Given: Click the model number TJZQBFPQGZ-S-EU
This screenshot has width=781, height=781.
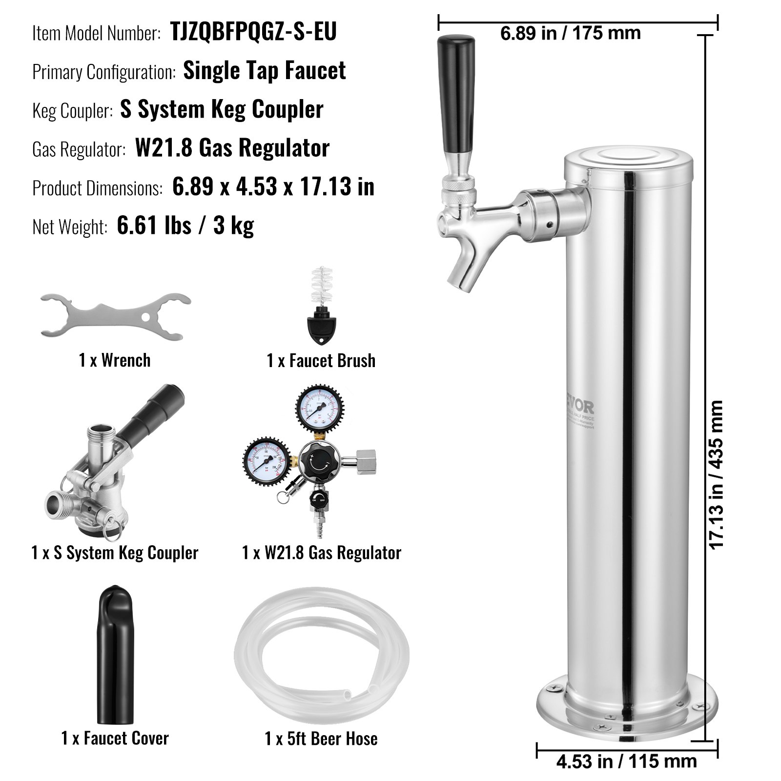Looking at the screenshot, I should click(253, 32).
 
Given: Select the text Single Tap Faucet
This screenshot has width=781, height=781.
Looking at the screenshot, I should click(264, 71).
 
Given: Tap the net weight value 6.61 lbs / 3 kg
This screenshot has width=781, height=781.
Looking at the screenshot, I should click(185, 226).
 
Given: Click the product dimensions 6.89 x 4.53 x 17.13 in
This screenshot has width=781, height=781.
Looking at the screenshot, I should click(273, 187).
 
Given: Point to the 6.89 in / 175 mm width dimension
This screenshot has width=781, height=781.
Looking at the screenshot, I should click(570, 33).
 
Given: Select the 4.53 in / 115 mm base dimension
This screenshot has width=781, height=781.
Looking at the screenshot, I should click(626, 760).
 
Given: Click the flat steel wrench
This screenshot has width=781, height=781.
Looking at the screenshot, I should click(115, 317).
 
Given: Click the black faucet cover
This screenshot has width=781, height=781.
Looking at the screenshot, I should click(115, 654).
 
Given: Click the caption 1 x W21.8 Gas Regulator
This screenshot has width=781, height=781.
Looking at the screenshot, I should click(321, 553).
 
